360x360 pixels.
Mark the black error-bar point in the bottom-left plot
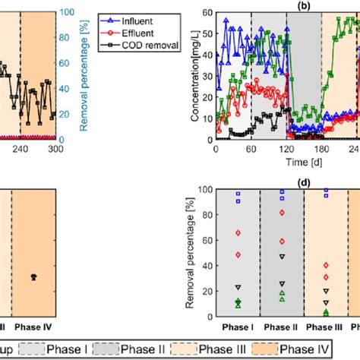pos(33,277)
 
